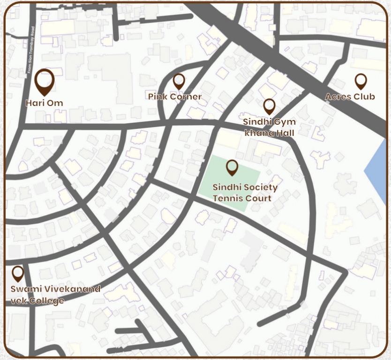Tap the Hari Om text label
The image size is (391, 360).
[x=45, y=103]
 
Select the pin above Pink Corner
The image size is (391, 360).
[x=179, y=81]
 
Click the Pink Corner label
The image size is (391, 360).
[x=175, y=97]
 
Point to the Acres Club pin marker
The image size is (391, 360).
[x=360, y=81]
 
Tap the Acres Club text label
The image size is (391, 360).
[x=350, y=97]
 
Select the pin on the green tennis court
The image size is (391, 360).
[x=232, y=167]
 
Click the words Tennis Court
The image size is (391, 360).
[x=242, y=198]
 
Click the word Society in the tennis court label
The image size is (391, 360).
[x=259, y=187]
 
